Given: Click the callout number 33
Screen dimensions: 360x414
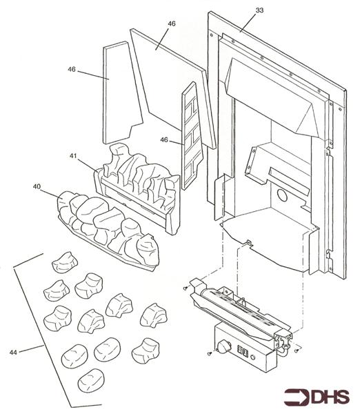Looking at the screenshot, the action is tap(259, 10).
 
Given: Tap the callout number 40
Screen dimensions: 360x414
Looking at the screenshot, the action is tap(37, 186).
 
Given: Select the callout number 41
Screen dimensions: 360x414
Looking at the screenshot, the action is tap(73, 156).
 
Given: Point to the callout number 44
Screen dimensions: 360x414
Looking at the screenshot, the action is tap(13, 352).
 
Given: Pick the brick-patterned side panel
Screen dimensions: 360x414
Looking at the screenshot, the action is tap(192, 136).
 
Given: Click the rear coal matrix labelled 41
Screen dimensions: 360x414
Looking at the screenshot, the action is tap(138, 188).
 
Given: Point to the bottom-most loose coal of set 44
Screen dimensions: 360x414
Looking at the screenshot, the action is tap(91, 380).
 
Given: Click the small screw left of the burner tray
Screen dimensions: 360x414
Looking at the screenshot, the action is tap(186, 288).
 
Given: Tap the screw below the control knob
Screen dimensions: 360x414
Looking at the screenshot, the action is tap(210, 353).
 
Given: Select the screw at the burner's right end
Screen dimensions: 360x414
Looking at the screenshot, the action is tap(297, 350).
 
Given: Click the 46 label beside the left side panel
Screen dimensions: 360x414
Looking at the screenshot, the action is tap(72, 69).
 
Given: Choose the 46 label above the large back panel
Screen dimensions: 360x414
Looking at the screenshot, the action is tap(172, 23).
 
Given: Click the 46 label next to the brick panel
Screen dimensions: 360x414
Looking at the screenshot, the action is tap(164, 139).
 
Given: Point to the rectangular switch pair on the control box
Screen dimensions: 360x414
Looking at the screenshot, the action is tap(243, 351).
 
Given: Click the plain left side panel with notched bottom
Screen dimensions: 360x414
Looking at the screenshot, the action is tap(121, 92).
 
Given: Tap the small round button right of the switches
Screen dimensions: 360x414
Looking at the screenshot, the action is tap(253, 357).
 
